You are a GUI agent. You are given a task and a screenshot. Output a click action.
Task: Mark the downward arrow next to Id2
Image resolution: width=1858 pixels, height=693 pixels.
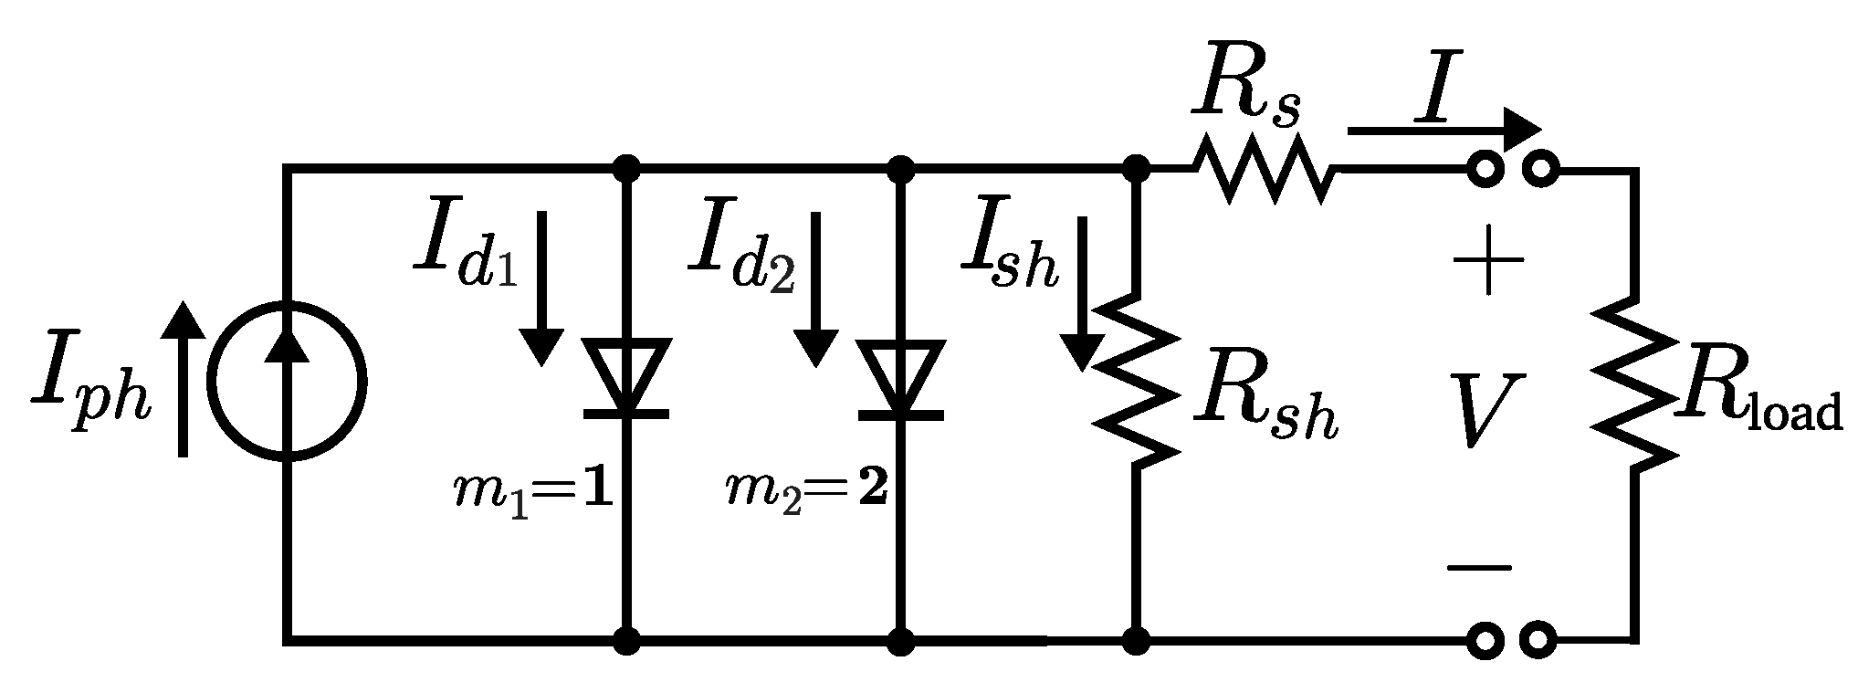click(814, 288)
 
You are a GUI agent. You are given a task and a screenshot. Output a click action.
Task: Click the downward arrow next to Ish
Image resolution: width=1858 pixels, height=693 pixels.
click(1083, 292)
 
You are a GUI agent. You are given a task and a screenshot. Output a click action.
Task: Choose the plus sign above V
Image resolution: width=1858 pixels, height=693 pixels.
click(1488, 260)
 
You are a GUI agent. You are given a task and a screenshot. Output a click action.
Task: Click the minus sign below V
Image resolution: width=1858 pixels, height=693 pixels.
click(1479, 567)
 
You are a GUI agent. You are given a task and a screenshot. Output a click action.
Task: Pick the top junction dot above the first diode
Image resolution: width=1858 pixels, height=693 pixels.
click(626, 168)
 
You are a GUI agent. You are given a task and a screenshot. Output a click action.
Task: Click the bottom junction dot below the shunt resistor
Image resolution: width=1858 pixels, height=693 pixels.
click(1135, 641)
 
